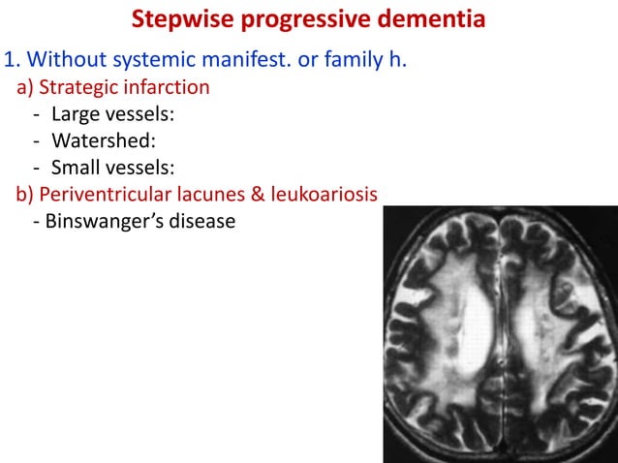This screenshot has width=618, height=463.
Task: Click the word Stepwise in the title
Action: click(178, 19)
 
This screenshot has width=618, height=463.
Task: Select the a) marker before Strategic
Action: click(24, 88)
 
